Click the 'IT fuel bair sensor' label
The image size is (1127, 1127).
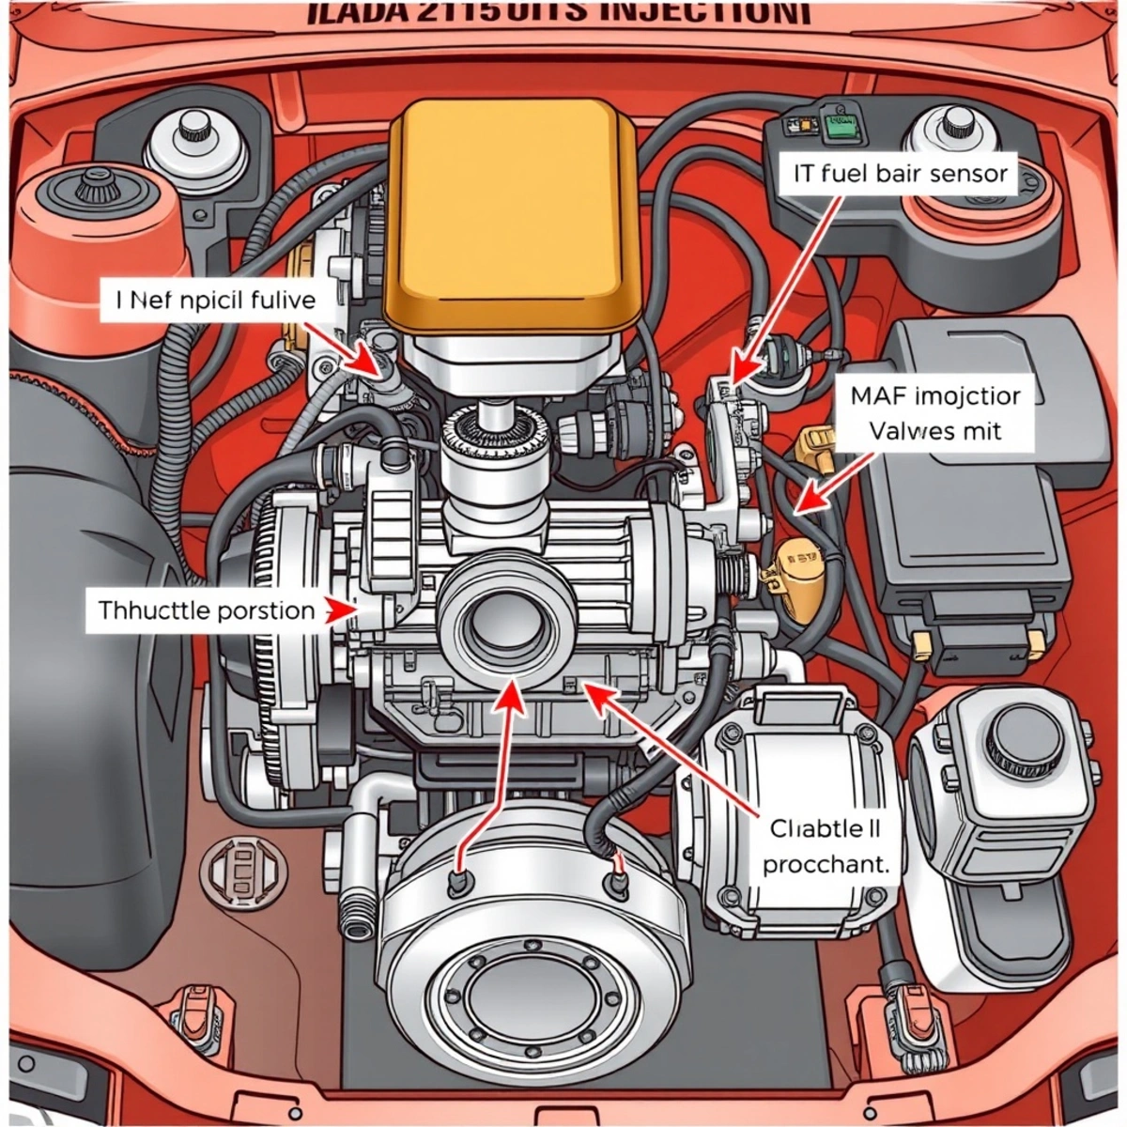point(894,174)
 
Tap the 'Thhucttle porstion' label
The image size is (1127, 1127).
point(207,610)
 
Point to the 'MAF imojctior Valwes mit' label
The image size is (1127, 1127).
point(935,413)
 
